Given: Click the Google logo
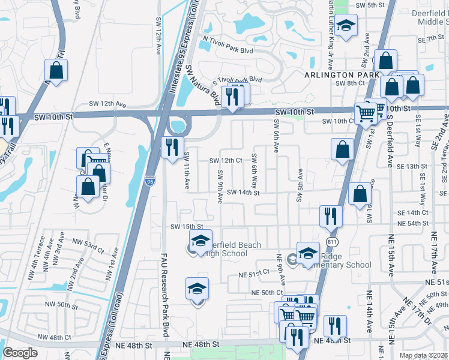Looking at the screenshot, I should tap(20, 353).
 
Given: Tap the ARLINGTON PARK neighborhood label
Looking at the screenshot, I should tap(342, 74).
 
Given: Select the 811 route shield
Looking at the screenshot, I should tap(332, 241).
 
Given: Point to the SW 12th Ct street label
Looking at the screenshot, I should tap(225, 161).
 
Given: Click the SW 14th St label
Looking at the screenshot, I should tap(243, 193).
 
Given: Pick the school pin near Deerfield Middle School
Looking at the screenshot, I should tap(346, 25).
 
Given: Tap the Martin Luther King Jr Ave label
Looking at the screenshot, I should tap(330, 18).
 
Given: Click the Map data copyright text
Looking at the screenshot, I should tap(424, 355).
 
